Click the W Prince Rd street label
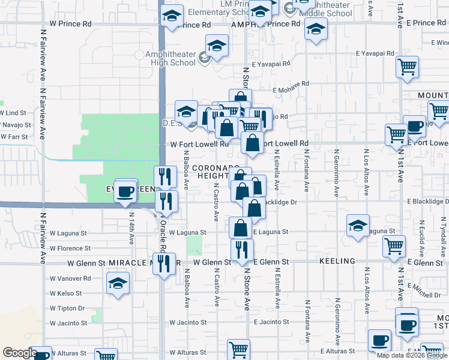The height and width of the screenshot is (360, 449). click(71, 24)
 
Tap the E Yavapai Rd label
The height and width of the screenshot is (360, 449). click(271, 63)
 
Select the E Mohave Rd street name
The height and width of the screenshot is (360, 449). click(291, 87)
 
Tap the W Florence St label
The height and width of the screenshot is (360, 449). click(70, 248)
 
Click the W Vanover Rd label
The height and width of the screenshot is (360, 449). click(70, 278)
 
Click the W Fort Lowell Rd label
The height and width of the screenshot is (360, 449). click(200, 144)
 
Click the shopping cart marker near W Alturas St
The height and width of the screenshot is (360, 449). click(238, 350)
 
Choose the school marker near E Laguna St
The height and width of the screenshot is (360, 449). click(358, 226)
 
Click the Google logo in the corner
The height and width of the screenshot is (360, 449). click(20, 353)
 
